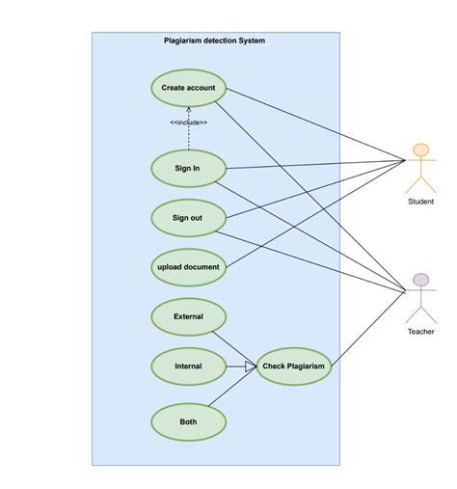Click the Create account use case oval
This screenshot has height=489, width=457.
pos(188,88)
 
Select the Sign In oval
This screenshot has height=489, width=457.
pos(188,168)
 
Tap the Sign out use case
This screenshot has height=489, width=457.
pos(188,217)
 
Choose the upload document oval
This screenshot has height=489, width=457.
pos(188,266)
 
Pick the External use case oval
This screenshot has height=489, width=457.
pos(188,316)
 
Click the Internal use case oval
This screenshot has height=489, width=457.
pos(188,366)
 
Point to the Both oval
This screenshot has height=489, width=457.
pos(188,421)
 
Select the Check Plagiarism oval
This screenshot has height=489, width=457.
pos(294,366)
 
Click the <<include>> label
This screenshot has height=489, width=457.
pos(188,122)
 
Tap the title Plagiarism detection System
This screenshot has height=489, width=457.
pos(215,41)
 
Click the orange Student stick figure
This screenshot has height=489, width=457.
pos(419,168)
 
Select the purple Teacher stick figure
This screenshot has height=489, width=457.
pos(419,299)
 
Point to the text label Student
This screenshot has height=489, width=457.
pos(420,202)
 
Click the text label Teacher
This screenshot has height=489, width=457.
pos(420,332)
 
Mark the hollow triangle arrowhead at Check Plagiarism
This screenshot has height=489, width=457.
pos(251,366)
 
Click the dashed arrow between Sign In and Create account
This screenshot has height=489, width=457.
pos(188,140)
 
